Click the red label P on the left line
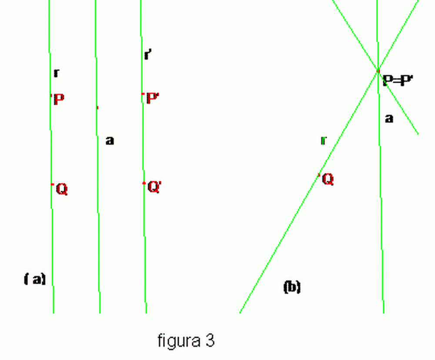pyautogui.click(x=59, y=99)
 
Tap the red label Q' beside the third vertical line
pyautogui.click(x=154, y=187)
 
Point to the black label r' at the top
pyautogui.click(x=148, y=55)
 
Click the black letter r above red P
pyautogui.click(x=56, y=73)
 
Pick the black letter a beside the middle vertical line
pyautogui.click(x=110, y=141)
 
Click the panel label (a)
pyautogui.click(x=34, y=279)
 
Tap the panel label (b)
pyautogui.click(x=292, y=287)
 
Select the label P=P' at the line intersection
pyautogui.click(x=398, y=81)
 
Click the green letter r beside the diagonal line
pyautogui.click(x=323, y=140)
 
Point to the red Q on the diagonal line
pyautogui.click(x=328, y=179)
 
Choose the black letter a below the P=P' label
pyautogui.click(x=389, y=118)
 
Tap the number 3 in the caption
pyautogui.click(x=210, y=340)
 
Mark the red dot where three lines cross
pyautogui.click(x=378, y=71)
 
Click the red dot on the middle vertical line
pyautogui.click(x=97, y=107)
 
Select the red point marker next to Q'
pyautogui.click(x=144, y=183)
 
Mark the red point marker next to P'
pyautogui.click(x=143, y=94)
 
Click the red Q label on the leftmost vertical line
pyautogui.click(x=62, y=189)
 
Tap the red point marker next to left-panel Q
pyautogui.click(x=52, y=185)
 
